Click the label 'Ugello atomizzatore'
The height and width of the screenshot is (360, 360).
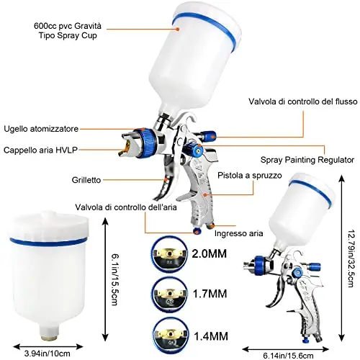coord(41,129)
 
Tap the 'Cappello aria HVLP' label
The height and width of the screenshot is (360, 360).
coord(40,150)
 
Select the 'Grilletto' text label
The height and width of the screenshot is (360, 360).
coord(86,180)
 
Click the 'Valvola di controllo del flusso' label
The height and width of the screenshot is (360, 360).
coord(303,102)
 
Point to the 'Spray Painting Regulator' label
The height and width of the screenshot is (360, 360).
coord(307,160)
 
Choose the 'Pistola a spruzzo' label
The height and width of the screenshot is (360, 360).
coord(250,176)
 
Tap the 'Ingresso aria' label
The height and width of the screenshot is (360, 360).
coord(238,233)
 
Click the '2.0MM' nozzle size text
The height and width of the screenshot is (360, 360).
coord(210,253)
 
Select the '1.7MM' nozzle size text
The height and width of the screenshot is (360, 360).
coord(210,294)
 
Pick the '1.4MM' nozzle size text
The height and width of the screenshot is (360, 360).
coord(211,336)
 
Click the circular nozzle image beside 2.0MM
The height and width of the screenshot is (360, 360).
coord(169,254)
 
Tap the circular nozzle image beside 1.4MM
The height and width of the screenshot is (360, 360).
coord(170,335)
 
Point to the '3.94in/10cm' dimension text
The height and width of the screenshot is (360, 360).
coord(48,354)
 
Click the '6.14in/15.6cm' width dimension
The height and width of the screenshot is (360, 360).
coord(288,356)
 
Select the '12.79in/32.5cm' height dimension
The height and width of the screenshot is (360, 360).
coord(351,258)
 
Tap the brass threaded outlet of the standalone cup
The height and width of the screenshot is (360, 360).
coord(48,338)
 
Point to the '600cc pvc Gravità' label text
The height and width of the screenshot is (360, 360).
coord(68,26)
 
